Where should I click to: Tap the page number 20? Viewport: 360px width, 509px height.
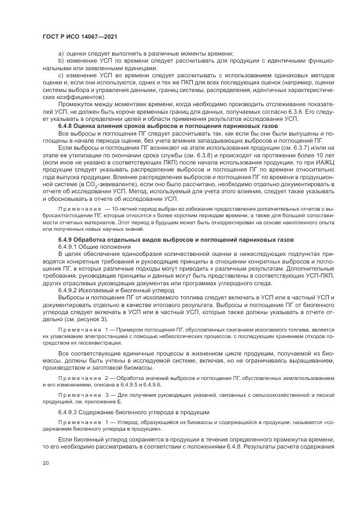click(x=45, y=463)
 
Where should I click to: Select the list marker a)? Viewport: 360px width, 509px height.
click(x=61, y=53)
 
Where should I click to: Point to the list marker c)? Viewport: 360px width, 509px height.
click(x=61, y=74)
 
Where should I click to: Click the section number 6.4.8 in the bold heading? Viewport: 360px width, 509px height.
click(x=68, y=126)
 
